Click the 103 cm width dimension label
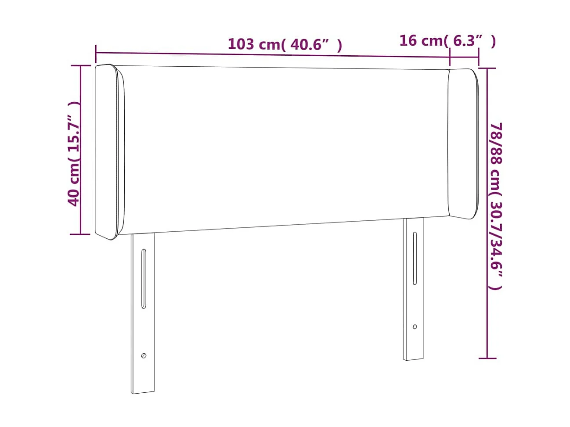click(285, 44)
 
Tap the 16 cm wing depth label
click(447, 41)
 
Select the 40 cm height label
click(74, 154)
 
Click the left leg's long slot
click(143, 279)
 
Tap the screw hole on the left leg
click(144, 355)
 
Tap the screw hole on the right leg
click(415, 327)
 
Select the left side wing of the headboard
click(109, 151)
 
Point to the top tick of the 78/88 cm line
click(487, 68)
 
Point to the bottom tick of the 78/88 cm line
click(487, 358)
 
